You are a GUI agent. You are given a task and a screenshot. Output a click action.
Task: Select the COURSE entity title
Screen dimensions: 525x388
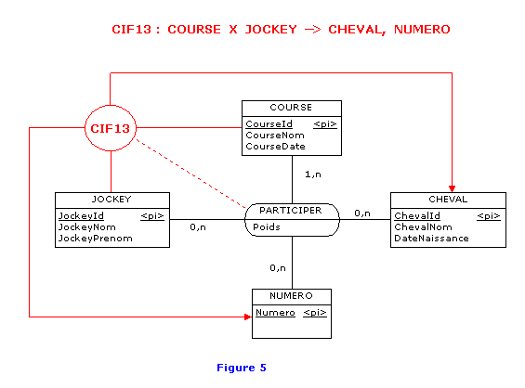tap(291, 108)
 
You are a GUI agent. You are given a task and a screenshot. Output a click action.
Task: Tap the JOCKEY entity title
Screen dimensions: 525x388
tap(112, 200)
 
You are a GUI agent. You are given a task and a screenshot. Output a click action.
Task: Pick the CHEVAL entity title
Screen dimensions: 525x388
tap(448, 200)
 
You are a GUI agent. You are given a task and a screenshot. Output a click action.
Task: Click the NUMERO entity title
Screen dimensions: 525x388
tap(291, 296)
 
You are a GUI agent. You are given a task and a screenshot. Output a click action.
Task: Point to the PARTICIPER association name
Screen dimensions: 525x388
tap(291, 211)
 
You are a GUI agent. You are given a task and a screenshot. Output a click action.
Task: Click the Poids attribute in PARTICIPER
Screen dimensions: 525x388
tap(267, 227)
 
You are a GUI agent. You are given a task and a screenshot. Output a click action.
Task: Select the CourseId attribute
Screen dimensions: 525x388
tap(269, 124)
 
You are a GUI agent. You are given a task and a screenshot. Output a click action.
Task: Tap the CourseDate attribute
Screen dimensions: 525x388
tap(275, 147)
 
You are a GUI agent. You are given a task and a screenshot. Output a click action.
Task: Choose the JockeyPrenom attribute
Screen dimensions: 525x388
tap(96, 239)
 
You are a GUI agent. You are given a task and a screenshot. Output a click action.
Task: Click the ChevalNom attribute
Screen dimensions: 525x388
tap(423, 227)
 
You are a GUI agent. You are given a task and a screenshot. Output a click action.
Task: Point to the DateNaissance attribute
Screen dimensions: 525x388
tap(431, 239)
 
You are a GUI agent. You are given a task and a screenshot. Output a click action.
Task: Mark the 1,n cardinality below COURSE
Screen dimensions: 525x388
tap(313, 175)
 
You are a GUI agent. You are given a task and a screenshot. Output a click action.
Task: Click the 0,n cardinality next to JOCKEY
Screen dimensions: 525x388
tap(198, 227)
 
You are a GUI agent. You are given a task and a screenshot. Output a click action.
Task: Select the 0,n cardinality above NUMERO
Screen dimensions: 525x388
tap(278, 268)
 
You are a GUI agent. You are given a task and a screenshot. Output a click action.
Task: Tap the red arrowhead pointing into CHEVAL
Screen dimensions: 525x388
tap(452, 189)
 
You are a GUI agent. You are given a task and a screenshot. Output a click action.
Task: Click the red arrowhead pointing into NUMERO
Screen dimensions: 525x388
tap(248, 317)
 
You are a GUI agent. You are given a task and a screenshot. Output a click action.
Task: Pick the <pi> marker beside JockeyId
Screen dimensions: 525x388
tap(152, 216)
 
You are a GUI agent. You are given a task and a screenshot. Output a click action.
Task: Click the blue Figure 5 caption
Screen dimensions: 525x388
tap(242, 368)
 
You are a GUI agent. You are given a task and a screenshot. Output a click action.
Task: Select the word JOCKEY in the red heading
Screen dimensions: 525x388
tap(271, 30)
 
